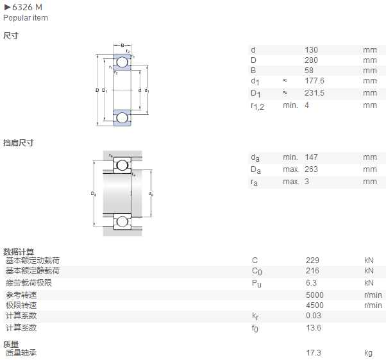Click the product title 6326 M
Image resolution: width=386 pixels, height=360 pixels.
coord(27,8)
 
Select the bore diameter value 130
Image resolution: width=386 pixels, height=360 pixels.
coord(311,50)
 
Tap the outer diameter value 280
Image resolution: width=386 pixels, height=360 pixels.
coord(311,60)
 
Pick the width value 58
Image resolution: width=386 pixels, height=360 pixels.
coord(309,71)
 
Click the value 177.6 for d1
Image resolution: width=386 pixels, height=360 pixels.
coord(314,81)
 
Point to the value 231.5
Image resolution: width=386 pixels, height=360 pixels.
coord(314,93)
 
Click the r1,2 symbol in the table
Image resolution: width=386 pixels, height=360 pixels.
coord(257,107)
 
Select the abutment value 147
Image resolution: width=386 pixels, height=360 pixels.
coord(311,157)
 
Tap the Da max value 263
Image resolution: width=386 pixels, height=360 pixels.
coord(311,169)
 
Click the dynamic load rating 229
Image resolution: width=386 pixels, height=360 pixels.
coord(312,260)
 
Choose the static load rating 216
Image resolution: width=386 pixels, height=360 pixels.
coord(312,271)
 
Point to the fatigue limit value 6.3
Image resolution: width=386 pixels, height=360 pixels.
coord(311,283)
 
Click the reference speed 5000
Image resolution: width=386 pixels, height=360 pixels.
coord(315,295)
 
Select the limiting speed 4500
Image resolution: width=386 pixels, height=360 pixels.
coord(315,305)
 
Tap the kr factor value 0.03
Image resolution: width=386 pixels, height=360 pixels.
coord(314,316)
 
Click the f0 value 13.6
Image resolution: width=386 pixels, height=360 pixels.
coord(314,328)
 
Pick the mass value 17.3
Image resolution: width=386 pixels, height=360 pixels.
coord(314,352)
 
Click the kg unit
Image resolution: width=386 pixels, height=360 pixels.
coord(368,353)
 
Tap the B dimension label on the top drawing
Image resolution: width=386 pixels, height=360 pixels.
coord(122,46)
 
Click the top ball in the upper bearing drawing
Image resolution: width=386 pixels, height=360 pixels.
coord(122,62)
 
